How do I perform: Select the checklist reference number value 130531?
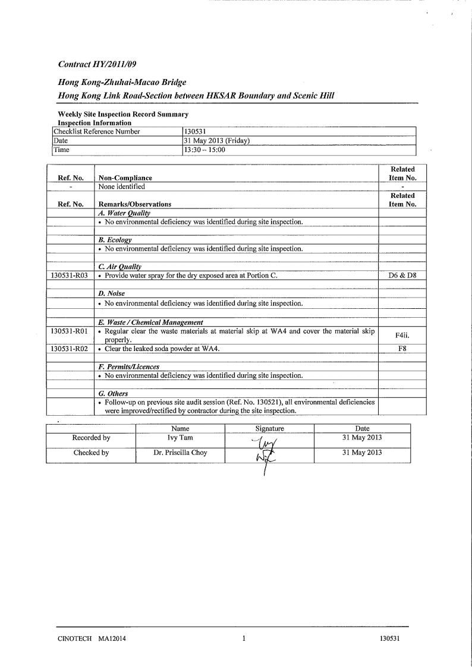point(196,132)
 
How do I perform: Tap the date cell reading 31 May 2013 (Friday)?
point(218,141)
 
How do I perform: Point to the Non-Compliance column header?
point(125,178)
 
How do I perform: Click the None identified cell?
point(122,186)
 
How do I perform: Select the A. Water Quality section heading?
point(124,213)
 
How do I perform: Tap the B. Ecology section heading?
point(115,240)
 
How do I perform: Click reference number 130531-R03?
point(70,276)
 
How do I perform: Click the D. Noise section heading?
point(112,293)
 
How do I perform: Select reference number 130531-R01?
point(70,331)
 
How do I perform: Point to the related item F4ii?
point(402,336)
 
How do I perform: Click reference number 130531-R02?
point(70,349)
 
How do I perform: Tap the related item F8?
point(402,349)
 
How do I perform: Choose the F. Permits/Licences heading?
point(129,366)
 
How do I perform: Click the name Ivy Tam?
point(180,438)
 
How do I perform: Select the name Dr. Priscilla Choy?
point(180,453)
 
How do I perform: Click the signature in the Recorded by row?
point(263,442)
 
